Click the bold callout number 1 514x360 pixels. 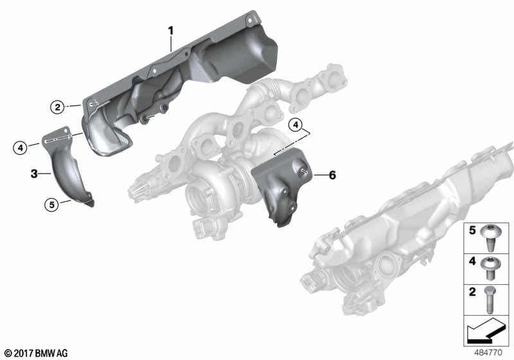pos(170,31)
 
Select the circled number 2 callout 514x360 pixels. pos(57,107)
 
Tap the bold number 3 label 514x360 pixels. pos(34,174)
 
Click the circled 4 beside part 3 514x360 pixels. pos(21,148)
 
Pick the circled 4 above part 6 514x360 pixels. pos(296,125)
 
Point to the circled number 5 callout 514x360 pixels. pos(51,205)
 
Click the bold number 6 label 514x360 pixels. pos(332,175)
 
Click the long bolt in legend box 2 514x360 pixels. pos(490,300)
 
